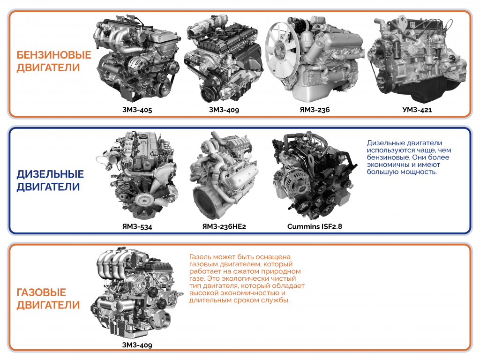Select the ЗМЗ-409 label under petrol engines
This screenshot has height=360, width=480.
tap(224, 110)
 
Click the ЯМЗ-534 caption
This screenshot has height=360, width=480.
tap(136, 227)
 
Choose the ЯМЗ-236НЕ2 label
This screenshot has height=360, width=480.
tap(224, 227)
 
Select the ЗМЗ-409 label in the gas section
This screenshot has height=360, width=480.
tap(136, 345)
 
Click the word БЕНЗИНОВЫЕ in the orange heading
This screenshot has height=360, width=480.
tap(54, 55)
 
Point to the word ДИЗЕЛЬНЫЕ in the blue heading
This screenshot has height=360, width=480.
tap(50, 174)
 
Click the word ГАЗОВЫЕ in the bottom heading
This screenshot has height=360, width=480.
tap(41, 292)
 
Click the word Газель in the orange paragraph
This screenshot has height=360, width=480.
tap(200, 257)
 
